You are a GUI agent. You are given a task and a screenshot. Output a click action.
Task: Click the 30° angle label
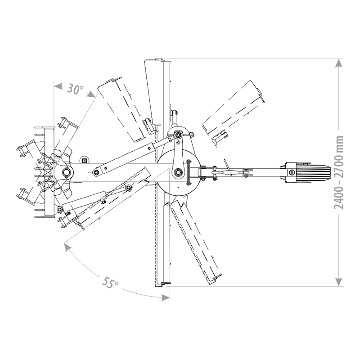[75, 89]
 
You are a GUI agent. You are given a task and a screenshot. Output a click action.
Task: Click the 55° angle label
[110, 283]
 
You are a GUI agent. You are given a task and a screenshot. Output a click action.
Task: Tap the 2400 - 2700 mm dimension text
[339, 173]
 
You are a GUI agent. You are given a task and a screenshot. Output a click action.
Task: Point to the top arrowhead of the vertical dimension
[339, 63]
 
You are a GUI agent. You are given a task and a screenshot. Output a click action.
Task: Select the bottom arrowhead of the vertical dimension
[339, 282]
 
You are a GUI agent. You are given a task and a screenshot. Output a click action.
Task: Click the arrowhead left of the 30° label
[58, 86]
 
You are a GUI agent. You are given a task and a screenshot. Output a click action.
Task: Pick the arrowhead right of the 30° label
[92, 94]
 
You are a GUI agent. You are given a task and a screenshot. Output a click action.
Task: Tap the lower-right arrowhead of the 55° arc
[166, 298]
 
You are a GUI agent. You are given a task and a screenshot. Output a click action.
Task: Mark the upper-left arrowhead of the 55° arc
[67, 247]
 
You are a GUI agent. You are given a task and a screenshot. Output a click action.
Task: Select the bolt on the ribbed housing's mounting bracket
[292, 172]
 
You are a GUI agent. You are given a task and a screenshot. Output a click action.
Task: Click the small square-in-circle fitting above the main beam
[84, 160]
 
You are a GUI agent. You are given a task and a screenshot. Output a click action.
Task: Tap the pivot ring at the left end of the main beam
[67, 172]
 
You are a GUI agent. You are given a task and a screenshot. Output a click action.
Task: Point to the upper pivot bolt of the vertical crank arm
[178, 135]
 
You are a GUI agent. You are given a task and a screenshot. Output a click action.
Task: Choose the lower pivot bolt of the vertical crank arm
[178, 172]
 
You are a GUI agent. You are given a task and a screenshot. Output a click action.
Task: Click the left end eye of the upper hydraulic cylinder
[96, 172]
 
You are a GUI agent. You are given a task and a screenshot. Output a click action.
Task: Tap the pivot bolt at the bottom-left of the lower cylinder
[60, 209]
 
